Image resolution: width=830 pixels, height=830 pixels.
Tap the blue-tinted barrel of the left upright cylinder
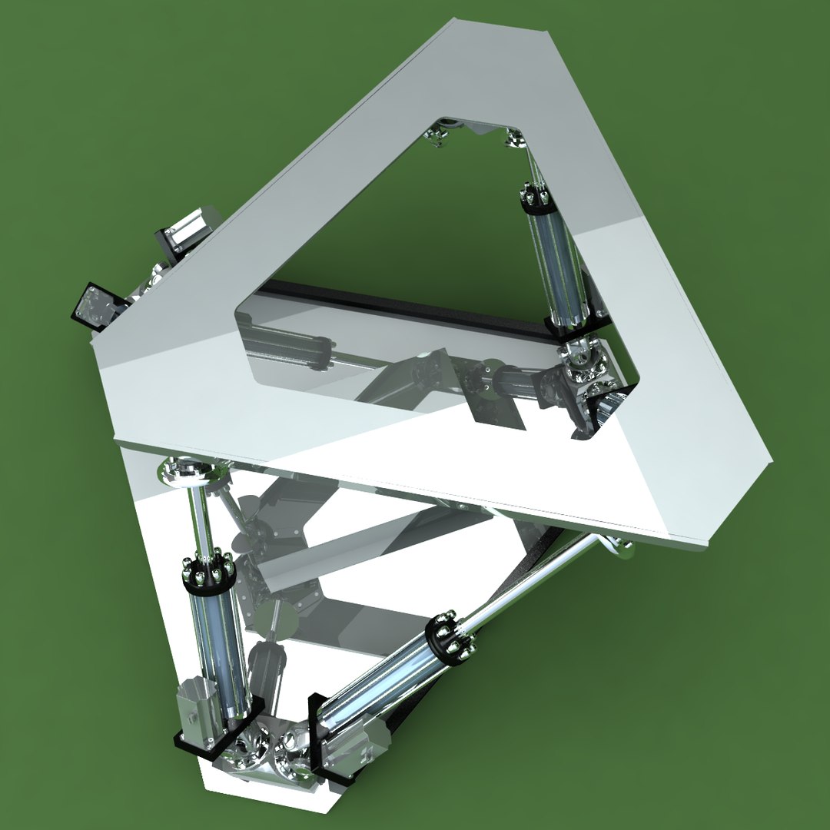(218, 646)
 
